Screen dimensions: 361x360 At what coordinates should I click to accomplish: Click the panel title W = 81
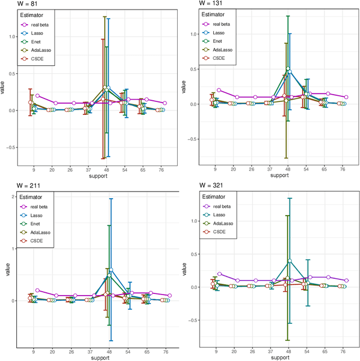point(13,4)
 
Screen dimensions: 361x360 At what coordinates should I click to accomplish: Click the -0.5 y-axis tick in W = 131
point(191,139)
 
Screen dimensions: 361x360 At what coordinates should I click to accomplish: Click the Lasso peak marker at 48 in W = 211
point(111,270)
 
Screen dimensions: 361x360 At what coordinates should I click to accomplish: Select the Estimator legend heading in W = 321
point(216,197)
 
